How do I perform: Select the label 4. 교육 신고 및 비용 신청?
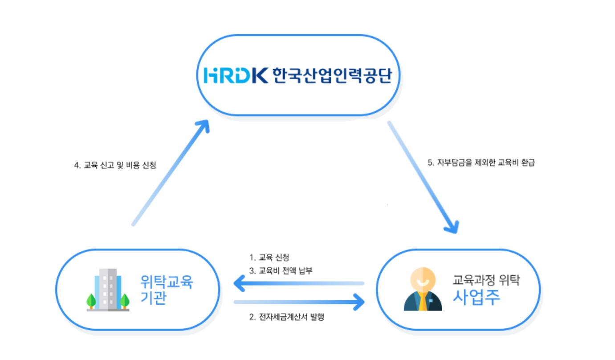click(x=115, y=165)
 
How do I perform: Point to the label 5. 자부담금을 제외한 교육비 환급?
click(x=481, y=163)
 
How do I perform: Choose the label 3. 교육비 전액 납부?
click(x=281, y=270)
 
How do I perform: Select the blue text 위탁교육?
click(x=167, y=281)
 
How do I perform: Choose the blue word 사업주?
click(x=476, y=297)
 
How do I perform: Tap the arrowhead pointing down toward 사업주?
click(x=452, y=227)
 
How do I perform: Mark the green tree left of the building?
click(x=91, y=300)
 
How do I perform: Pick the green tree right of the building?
click(x=125, y=300)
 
